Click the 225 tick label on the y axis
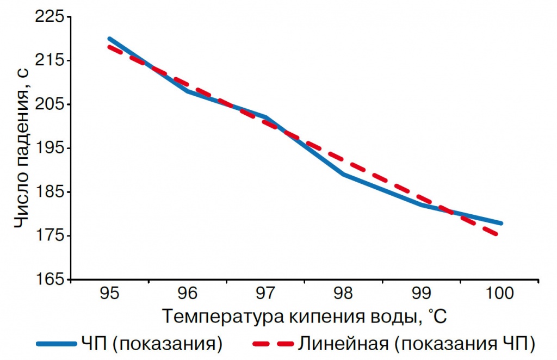[50, 16]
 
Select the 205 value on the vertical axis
[50, 104]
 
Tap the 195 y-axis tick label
[50, 148]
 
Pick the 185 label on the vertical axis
[50, 192]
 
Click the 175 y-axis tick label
[50, 235]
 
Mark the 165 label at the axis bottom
[50, 280]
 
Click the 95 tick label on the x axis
[109, 294]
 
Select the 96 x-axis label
[187, 294]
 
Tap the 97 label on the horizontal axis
[265, 294]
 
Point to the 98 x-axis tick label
[343, 294]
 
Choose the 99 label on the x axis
[422, 294]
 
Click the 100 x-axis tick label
[499, 294]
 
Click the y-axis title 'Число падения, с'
[21, 147]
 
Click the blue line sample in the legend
[57, 344]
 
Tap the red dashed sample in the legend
[273, 344]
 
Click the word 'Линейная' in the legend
[343, 344]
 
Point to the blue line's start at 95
[109, 39]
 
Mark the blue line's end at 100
[501, 224]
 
